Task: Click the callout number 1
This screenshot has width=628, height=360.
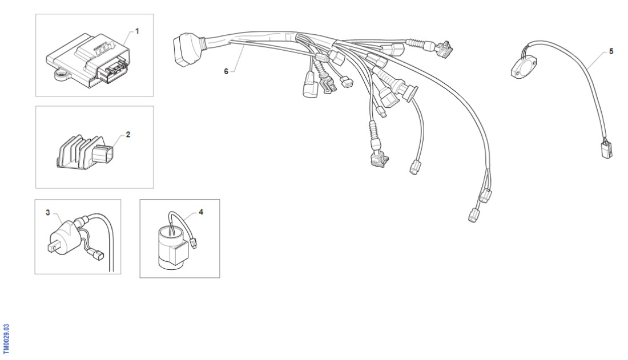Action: [137, 31]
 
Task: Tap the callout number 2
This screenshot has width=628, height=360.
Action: [128, 135]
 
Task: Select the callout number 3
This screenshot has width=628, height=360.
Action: [47, 212]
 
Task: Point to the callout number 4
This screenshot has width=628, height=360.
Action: [200, 212]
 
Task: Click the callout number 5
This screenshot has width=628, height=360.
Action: [611, 51]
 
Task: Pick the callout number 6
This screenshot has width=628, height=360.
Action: [226, 71]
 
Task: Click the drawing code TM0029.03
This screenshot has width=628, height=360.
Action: [6, 339]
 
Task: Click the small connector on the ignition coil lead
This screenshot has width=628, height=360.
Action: [98, 255]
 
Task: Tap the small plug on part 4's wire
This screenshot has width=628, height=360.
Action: [194, 242]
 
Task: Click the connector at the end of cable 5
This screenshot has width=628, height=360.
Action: [607, 150]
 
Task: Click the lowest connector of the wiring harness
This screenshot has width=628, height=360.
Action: [473, 215]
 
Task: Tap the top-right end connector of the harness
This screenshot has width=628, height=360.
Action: [445, 48]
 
